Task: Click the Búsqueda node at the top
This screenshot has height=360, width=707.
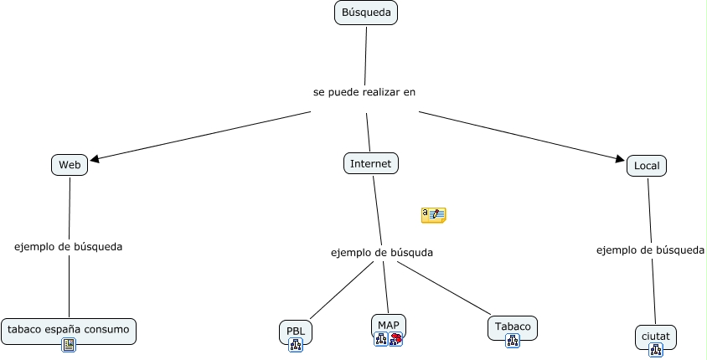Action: (366, 13)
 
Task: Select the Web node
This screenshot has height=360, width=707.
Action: (70, 165)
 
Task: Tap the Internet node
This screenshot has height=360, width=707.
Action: (370, 163)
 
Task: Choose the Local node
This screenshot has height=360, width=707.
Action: (647, 166)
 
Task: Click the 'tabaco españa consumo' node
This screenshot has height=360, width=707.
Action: (69, 329)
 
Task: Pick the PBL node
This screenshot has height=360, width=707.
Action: (295, 331)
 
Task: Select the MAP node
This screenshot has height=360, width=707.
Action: (389, 325)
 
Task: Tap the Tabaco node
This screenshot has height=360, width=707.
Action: (513, 326)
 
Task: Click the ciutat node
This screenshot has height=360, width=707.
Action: (655, 336)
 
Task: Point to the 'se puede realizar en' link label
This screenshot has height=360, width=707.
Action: (364, 92)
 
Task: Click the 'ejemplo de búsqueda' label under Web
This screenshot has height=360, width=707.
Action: (69, 247)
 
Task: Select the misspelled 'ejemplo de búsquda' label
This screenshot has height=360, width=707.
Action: (382, 252)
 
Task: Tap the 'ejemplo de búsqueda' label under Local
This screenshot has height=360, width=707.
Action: (650, 249)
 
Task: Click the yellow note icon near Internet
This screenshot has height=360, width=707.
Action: (434, 215)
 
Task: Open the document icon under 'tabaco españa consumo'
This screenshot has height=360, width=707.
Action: (69, 345)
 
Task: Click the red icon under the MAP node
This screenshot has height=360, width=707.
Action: (395, 339)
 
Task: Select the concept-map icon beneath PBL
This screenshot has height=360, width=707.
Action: (295, 344)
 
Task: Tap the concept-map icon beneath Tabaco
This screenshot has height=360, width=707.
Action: (513, 340)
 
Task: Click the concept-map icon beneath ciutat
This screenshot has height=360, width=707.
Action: (655, 350)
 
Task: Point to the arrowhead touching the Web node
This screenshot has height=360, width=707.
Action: (94, 158)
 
